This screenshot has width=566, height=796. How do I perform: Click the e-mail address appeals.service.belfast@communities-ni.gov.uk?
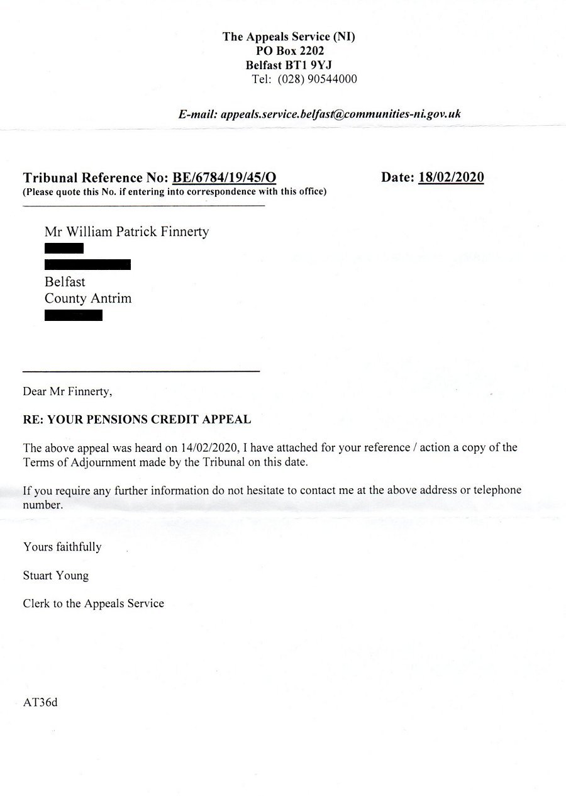coord(340,114)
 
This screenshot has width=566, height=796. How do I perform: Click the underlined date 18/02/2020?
coord(451,177)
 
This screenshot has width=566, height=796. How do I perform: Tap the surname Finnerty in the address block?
coord(182,232)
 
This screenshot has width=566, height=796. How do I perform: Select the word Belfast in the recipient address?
coord(65,281)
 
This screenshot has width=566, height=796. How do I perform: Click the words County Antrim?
coord(88,298)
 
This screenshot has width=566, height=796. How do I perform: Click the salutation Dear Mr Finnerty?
coord(67,391)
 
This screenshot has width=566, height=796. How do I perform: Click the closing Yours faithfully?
coord(62,547)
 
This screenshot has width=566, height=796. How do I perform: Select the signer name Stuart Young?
coord(55,575)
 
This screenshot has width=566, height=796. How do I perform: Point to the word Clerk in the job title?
coord(36,603)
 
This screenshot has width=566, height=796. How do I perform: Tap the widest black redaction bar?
coord(87,264)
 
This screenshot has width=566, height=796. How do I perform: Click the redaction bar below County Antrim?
coord(74,315)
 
